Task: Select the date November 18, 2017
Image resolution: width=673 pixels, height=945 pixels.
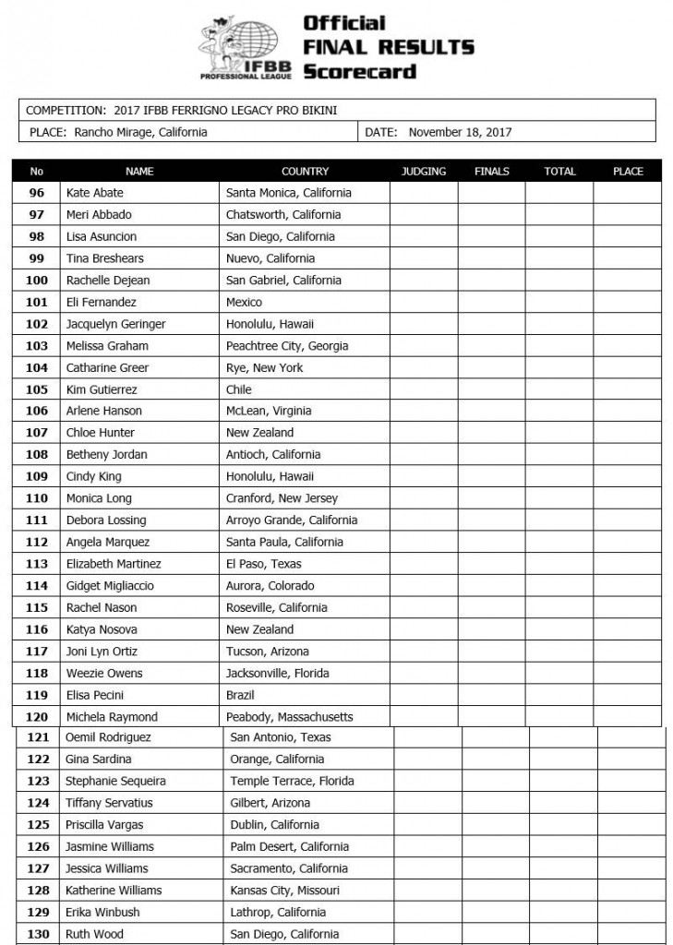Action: coord(460,132)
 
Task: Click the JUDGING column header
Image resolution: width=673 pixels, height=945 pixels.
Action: coord(424,172)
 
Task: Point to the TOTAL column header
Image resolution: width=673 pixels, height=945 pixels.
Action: coord(559,172)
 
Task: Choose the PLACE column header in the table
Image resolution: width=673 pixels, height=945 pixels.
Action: coord(628,172)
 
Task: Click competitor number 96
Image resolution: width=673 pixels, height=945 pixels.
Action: coord(37,193)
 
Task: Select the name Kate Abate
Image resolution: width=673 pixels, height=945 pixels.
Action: coord(94,193)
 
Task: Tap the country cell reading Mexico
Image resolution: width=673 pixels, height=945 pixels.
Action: coord(244,302)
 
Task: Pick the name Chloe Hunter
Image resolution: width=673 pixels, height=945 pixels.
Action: coord(100,433)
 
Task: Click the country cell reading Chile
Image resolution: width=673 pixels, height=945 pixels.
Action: coord(239,389)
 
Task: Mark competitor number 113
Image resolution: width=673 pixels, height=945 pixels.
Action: coord(37,564)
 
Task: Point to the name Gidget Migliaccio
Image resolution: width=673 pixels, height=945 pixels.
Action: coord(110,586)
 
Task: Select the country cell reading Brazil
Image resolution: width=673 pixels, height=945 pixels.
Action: coord(240,695)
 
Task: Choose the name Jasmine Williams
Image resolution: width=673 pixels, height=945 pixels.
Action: coord(110,846)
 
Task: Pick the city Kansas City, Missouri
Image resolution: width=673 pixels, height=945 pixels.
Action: coord(284,891)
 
